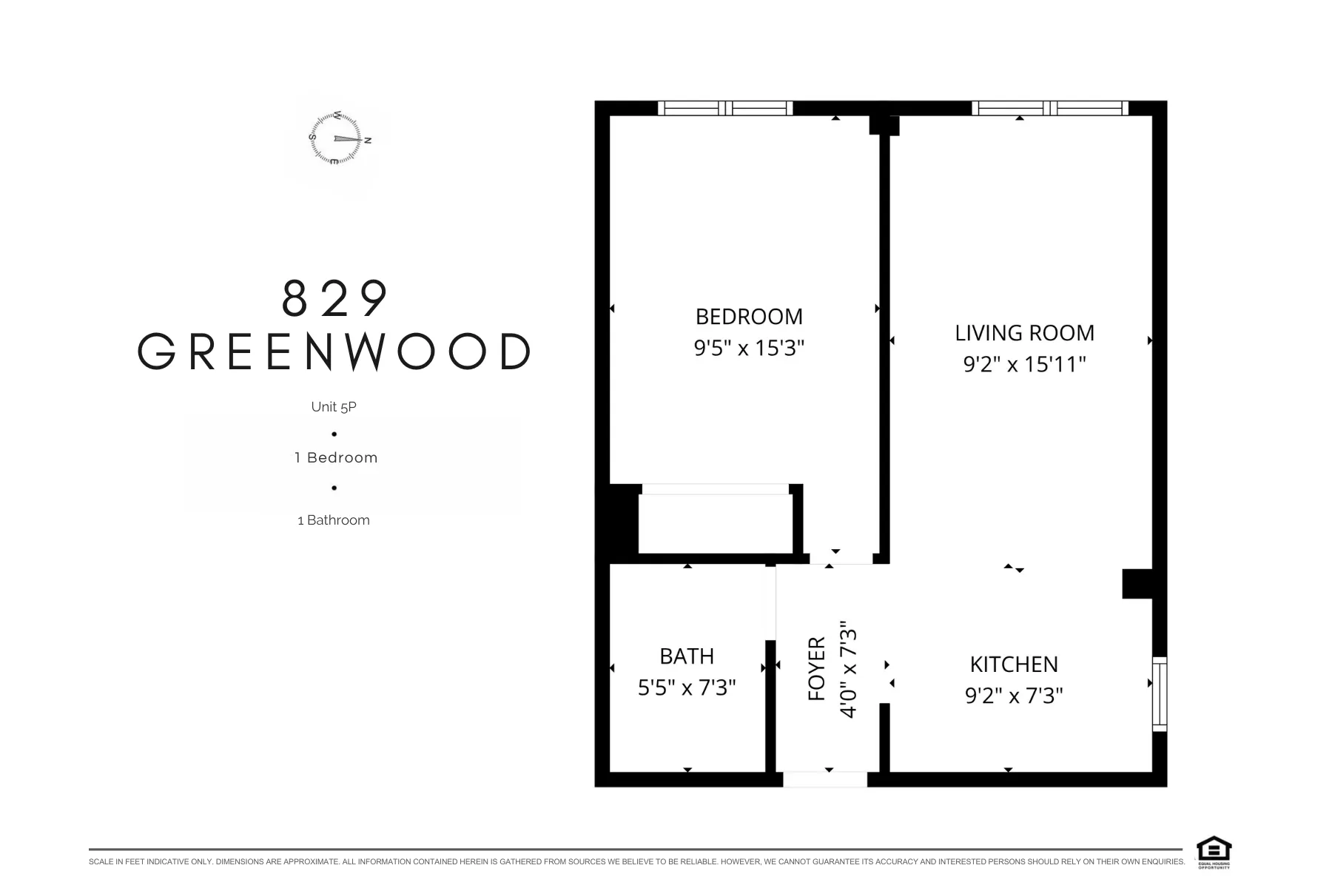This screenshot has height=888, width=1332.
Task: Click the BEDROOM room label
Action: coord(749,317)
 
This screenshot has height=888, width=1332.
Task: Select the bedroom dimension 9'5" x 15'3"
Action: coord(749,348)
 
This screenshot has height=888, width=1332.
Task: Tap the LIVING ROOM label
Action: coord(1024,333)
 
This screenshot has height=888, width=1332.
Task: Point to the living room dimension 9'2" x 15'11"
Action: coord(1024,364)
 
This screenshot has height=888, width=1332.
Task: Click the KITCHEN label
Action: coord(1014,665)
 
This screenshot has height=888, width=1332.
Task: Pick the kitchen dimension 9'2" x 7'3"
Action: coord(1014,696)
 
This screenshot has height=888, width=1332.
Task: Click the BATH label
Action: coord(687,656)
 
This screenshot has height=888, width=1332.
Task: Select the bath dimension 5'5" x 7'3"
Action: coord(687,687)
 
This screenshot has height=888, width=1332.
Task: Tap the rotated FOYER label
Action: coord(817,669)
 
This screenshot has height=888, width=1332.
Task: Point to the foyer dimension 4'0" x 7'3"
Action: coord(849,669)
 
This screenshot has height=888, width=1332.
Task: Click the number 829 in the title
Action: coord(334,298)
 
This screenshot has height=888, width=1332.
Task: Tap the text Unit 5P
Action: coord(334,407)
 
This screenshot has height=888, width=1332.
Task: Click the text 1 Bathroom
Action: coord(334,520)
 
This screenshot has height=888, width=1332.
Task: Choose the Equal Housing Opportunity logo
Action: coord(1214,852)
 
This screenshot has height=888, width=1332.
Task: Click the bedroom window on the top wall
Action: coord(725,108)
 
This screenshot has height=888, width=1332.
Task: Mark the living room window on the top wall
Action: coord(1049,108)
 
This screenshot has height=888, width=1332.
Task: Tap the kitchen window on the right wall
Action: coord(1160,694)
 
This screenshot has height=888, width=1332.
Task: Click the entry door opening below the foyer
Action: coord(825,779)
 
